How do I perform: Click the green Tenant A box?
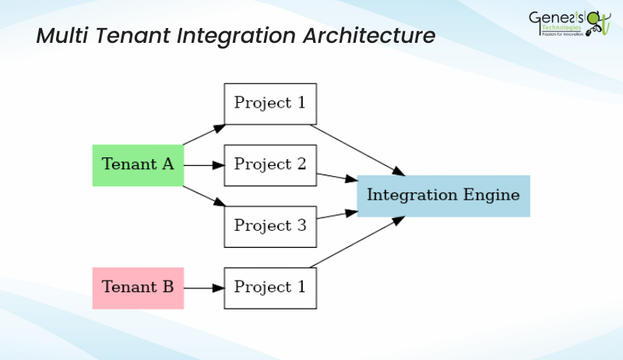pyautogui.click(x=138, y=165)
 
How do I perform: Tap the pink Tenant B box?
pyautogui.click(x=138, y=288)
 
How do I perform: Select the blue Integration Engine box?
pyautogui.click(x=443, y=196)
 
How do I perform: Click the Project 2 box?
pyautogui.click(x=270, y=165)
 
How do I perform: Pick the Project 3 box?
pyautogui.click(x=270, y=227)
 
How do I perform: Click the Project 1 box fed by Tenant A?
pyautogui.click(x=270, y=104)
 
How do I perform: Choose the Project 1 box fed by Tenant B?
pyautogui.click(x=270, y=288)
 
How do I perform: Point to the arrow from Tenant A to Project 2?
pyautogui.click(x=203, y=165)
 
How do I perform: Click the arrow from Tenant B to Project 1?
pyautogui.click(x=203, y=288)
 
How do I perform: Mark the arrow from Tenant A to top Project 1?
pyautogui.click(x=204, y=134)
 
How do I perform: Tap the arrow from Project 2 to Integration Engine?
pyautogui.click(x=336, y=177)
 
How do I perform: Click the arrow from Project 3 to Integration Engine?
pyautogui.click(x=336, y=214)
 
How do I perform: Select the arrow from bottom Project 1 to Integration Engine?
pyautogui.click(x=358, y=242)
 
